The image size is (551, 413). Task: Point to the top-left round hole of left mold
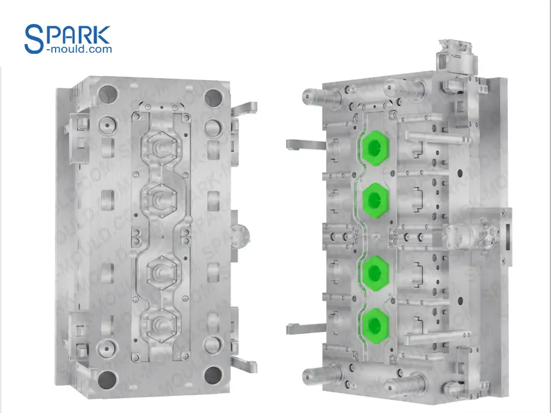pos(107,94)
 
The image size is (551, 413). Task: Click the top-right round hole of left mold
pos(213,95)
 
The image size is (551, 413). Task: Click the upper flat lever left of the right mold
pos(304,144)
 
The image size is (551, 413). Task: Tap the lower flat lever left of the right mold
pos(304,329)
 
